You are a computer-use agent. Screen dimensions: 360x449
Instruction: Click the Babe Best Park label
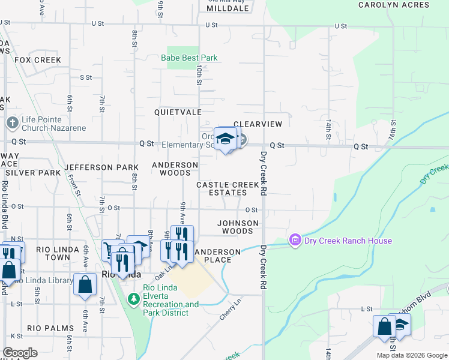(188, 58)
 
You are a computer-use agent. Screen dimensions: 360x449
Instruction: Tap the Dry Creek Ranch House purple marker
(295, 241)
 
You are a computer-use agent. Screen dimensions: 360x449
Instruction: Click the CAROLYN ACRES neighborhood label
(394, 5)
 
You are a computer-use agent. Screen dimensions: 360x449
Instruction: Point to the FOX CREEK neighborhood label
(38, 60)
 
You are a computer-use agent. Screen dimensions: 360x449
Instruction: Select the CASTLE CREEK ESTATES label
(221, 189)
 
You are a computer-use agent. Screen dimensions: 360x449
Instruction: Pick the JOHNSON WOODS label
(238, 227)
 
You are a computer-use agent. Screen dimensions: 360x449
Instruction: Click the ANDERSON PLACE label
(217, 256)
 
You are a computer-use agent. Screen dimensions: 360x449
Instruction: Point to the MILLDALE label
(229, 9)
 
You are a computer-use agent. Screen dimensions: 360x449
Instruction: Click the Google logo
(20, 353)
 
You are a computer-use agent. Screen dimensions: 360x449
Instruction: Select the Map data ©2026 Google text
(411, 355)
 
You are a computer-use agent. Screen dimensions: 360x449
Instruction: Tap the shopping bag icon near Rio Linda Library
(85, 284)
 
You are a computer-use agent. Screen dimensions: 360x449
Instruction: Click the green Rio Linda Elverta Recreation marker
(133, 296)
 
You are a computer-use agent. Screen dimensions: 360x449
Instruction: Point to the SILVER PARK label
(33, 172)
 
